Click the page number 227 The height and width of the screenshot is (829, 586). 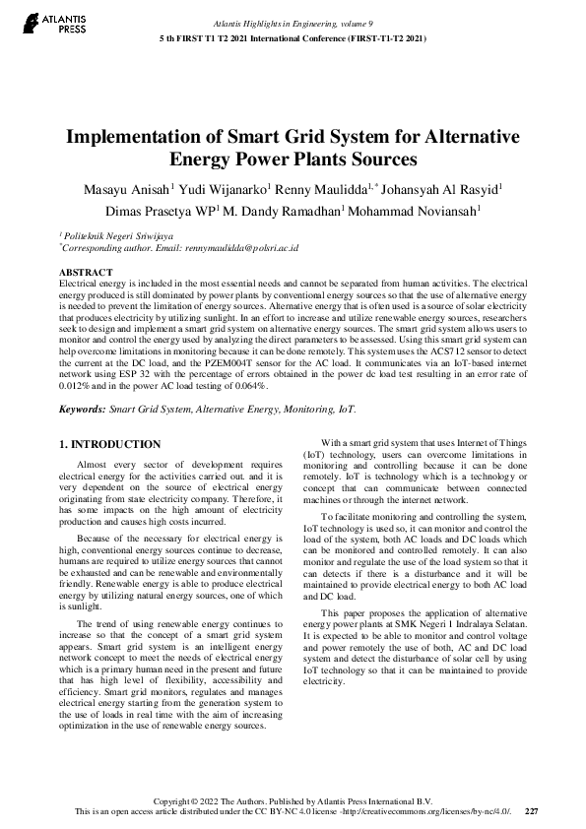(x=532, y=811)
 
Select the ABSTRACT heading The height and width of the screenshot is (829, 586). (x=86, y=271)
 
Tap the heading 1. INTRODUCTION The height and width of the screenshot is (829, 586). (x=110, y=445)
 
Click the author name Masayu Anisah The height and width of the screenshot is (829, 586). (x=133, y=189)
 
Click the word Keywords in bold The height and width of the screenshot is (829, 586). (x=83, y=408)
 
